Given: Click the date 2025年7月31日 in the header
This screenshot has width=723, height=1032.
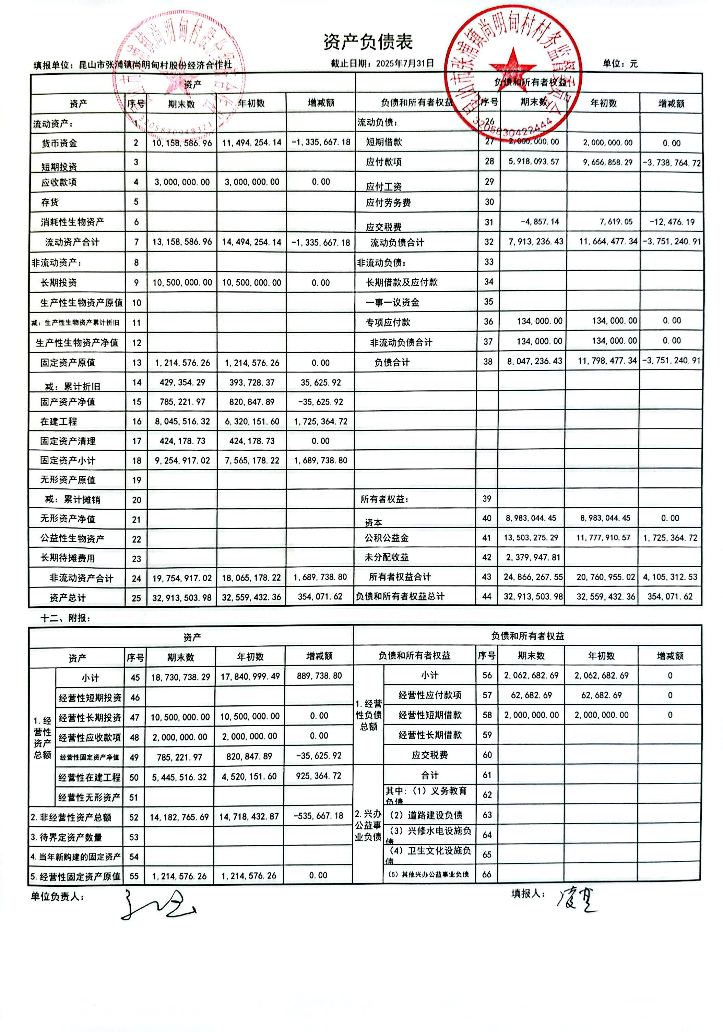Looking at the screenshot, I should click(x=405, y=63).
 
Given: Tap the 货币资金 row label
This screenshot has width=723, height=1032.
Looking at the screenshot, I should click(x=59, y=143).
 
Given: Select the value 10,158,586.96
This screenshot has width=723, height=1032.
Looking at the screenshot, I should click(x=182, y=143).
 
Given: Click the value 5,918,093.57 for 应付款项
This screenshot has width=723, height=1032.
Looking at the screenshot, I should click(x=534, y=161).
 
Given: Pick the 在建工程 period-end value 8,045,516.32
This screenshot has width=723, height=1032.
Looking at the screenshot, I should click(x=182, y=421).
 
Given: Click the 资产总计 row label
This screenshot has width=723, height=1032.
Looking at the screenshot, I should click(x=68, y=598).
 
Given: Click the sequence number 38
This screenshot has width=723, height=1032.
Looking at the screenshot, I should click(x=488, y=361).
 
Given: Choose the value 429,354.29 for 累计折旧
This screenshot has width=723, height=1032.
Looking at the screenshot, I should click(x=182, y=383).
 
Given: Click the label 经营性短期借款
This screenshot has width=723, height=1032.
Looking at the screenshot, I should click(x=430, y=715).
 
